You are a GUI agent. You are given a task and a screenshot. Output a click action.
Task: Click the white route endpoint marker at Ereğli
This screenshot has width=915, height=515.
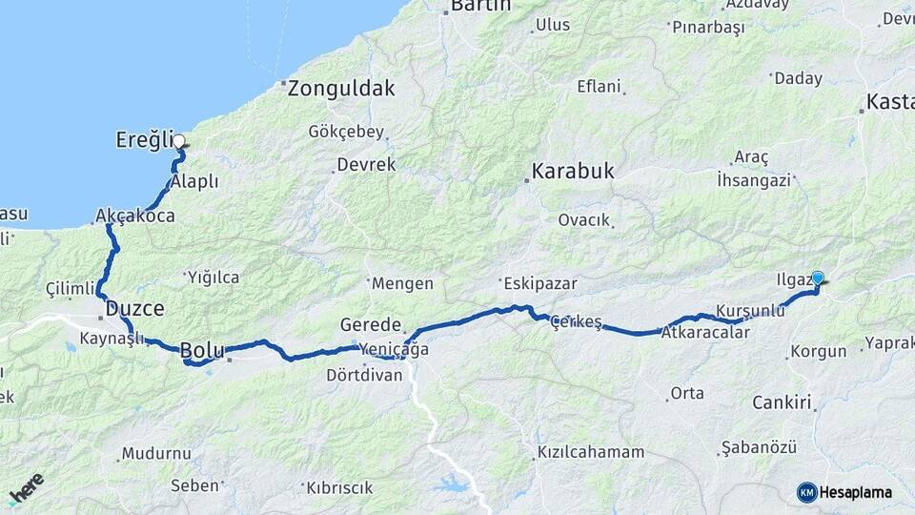coord(178,141)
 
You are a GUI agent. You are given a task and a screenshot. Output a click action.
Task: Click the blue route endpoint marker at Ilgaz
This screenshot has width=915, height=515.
coord(817,278)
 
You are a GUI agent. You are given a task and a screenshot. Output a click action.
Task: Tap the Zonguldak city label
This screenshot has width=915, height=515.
coord(341,89)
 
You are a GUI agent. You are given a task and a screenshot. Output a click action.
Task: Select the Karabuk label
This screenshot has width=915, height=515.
coord(573,173)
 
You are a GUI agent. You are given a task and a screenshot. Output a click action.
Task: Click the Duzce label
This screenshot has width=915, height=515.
coord(134,308)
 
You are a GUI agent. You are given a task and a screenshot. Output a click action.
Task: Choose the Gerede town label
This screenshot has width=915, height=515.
coord(371,325)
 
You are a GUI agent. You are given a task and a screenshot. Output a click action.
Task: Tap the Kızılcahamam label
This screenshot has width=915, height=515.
coord(591,452)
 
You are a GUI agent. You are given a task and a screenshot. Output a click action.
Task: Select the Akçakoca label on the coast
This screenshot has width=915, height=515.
coord(135,216)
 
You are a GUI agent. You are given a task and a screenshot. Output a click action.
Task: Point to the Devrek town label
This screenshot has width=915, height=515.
coord(366,165)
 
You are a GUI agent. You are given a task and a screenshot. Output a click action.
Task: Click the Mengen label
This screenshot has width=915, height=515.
coord(402,283)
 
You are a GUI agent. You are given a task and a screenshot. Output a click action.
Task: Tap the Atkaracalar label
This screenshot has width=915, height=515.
coord(705,333)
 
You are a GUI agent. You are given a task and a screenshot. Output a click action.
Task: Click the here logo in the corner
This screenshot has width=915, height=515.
coord(26,488)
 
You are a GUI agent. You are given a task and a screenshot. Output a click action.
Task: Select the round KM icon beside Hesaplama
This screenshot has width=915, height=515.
coord(806,492)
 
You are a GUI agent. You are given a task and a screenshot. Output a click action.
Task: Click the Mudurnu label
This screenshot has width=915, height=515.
coord(156,453)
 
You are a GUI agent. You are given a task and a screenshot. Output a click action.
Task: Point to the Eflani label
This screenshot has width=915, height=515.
coord(599,86)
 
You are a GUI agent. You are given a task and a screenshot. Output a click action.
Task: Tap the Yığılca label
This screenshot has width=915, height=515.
coord(213,278)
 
